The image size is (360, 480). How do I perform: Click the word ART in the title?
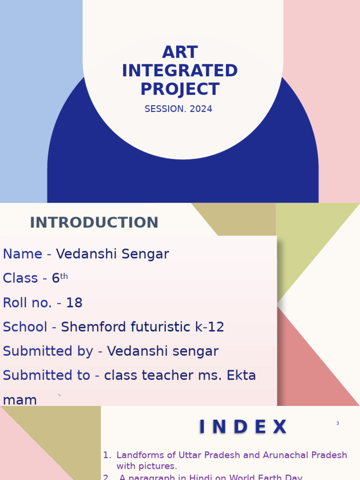(180, 52)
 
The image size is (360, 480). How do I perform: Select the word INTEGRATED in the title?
(180, 71)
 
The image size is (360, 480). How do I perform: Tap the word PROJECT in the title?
(180, 90)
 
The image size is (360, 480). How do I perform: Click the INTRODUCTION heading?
(94, 223)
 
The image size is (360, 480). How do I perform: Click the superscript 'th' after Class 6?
(64, 276)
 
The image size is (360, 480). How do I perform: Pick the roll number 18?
(74, 303)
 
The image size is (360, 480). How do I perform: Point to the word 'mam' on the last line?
(20, 400)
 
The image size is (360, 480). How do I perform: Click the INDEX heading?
(243, 427)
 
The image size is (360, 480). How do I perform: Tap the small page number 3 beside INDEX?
(337, 424)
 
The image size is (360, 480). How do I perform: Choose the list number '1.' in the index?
(107, 455)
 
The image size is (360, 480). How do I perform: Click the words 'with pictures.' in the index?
(147, 466)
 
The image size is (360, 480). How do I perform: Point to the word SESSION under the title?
(165, 109)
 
